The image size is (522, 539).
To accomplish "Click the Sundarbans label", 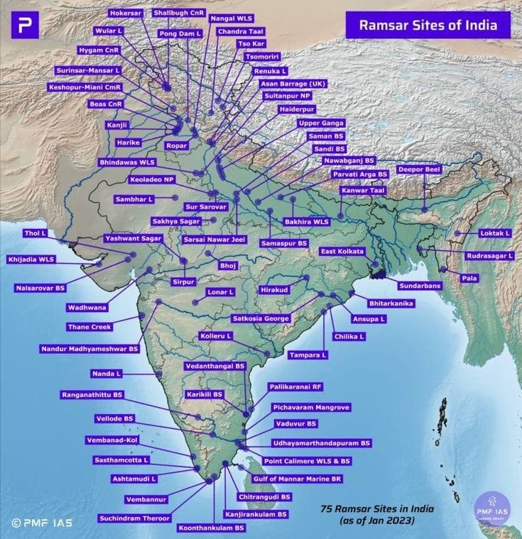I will pyautogui.click(x=419, y=286).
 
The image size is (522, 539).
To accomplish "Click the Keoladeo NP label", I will pyautogui.click(x=155, y=180).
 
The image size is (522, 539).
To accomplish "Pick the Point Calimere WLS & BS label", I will pyautogui.click(x=306, y=461).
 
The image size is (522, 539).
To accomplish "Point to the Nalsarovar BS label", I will pyautogui.click(x=40, y=288).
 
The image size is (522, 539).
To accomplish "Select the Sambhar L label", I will pyautogui.click(x=134, y=199).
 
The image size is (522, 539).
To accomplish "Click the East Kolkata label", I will pyautogui.click(x=342, y=252).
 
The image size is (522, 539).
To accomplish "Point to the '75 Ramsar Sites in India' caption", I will pyautogui.click(x=376, y=509).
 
